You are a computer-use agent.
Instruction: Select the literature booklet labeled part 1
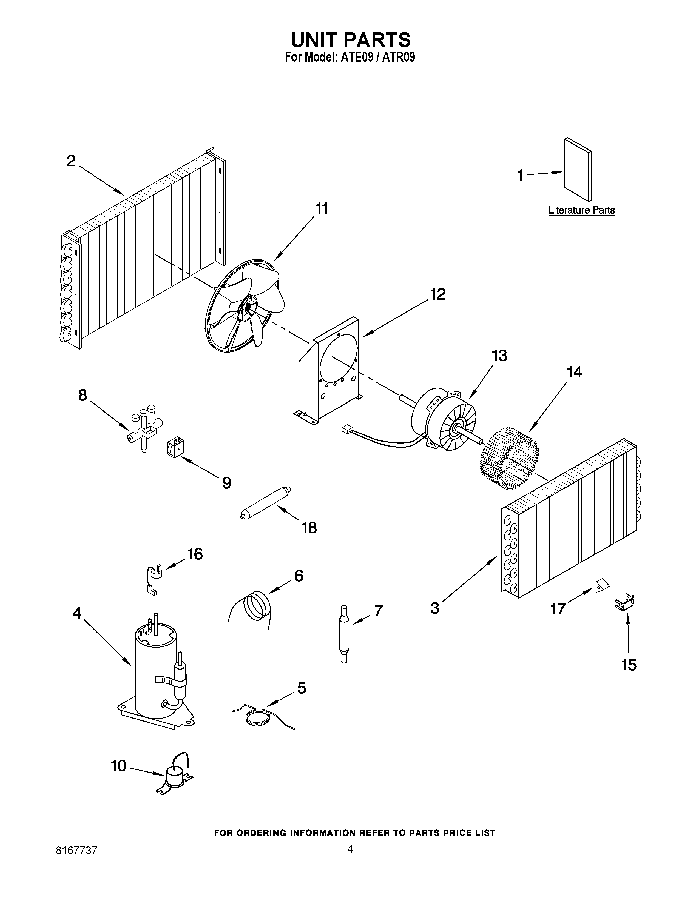click(x=578, y=170)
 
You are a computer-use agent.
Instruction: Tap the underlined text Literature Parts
click(x=581, y=210)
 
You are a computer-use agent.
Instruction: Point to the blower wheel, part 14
click(x=509, y=460)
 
